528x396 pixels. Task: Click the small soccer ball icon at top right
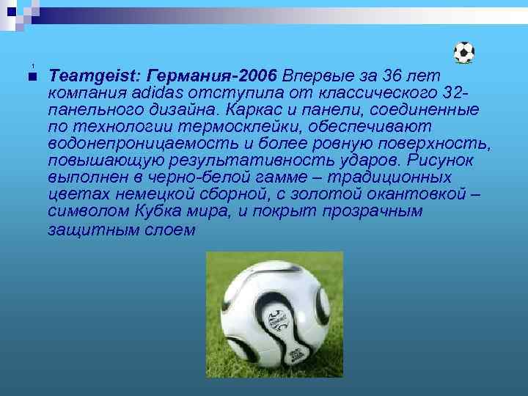tap(463, 52)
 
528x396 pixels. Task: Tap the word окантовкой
tap(411, 195)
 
